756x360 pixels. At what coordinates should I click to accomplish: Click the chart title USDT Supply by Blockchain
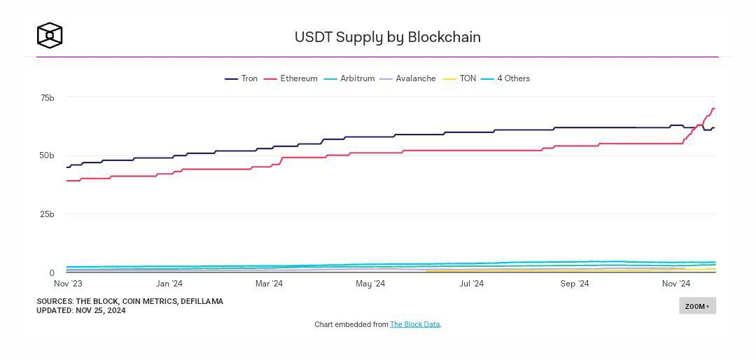[x=387, y=37]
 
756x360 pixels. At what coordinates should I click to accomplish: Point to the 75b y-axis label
[x=47, y=98]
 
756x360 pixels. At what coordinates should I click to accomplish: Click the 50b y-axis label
[x=47, y=155]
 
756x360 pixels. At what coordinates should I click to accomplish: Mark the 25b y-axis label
[x=47, y=214]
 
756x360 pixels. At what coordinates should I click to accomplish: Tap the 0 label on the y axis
[x=51, y=273]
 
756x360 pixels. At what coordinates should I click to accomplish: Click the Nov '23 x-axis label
[x=68, y=284]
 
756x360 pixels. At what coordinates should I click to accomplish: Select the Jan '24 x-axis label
[x=169, y=284]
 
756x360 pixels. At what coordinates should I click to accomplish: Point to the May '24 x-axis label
[x=370, y=284]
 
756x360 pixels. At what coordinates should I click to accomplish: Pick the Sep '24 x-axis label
[x=575, y=284]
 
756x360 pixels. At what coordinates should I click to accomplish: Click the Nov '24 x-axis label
[x=676, y=284]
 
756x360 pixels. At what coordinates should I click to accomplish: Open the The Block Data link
[x=415, y=324]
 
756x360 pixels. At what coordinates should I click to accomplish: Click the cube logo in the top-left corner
[x=50, y=36]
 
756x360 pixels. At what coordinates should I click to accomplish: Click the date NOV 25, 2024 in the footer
[x=101, y=310]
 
